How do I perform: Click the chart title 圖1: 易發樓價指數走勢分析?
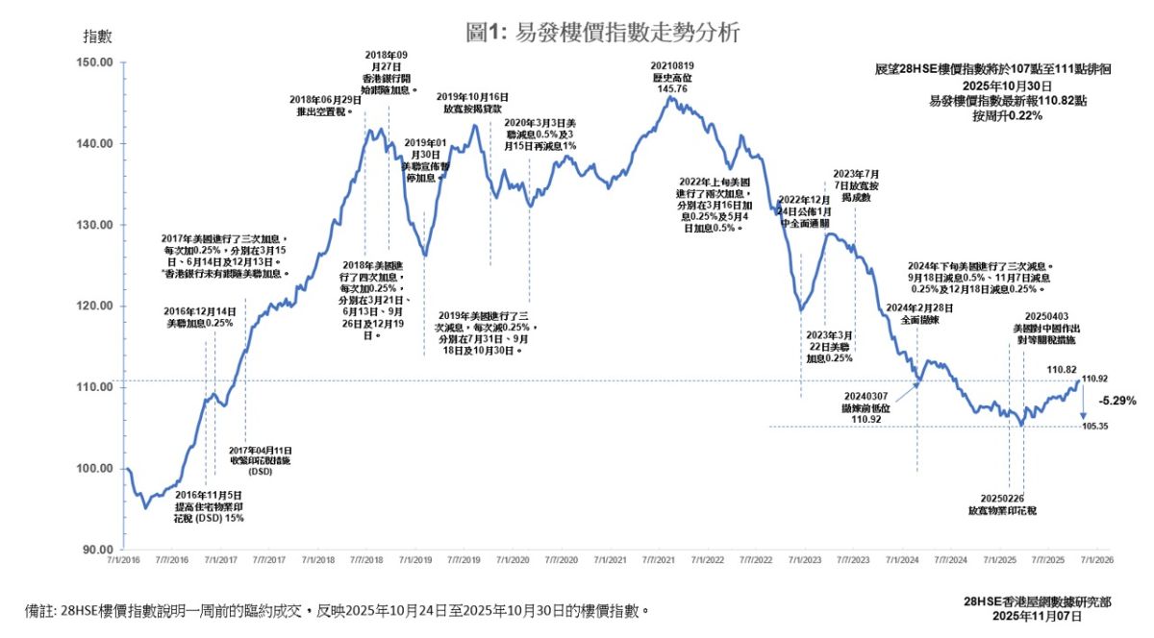click(x=603, y=32)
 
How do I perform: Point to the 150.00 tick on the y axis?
click(x=94, y=62)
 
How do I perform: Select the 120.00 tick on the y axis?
click(x=94, y=306)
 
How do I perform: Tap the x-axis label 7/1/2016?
click(x=128, y=559)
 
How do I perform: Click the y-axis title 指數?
click(x=98, y=37)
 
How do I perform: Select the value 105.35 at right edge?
click(x=1095, y=427)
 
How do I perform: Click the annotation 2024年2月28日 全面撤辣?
click(x=917, y=315)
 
